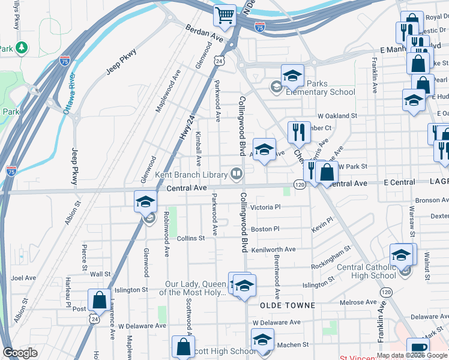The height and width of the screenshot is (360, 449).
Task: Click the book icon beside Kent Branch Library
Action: [237, 175]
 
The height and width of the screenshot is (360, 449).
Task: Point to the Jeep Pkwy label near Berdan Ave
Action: [122, 62]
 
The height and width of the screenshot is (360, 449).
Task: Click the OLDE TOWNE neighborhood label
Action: [288, 305]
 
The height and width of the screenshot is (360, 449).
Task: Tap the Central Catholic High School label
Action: [358, 272]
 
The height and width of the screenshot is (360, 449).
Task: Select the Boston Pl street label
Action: [265, 229]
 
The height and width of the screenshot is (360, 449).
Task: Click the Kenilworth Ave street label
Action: [273, 249]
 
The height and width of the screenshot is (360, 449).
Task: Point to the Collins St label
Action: [191, 238]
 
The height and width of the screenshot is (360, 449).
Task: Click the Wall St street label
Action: [100, 274]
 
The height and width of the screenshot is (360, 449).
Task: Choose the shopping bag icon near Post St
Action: [98, 299]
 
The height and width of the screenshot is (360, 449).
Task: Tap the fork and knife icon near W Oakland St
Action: [298, 131]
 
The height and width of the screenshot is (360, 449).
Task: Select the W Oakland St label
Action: [337, 115]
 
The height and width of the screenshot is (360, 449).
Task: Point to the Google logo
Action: [21, 353]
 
